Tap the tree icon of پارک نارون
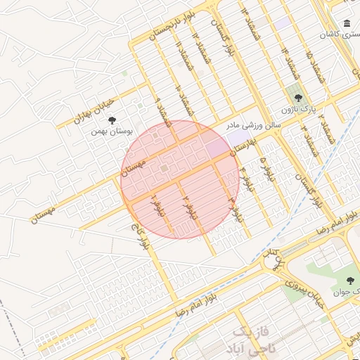298,98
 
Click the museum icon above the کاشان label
347,23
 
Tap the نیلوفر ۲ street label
187,208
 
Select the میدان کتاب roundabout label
273,259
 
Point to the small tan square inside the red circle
164,169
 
